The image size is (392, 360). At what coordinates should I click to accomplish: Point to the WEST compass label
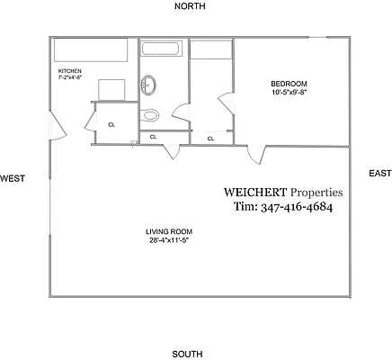(x=12, y=178)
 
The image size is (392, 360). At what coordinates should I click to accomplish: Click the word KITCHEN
(x=70, y=70)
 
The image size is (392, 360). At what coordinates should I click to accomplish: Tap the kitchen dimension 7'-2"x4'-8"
(x=70, y=77)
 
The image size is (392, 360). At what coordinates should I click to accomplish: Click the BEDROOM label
(x=289, y=84)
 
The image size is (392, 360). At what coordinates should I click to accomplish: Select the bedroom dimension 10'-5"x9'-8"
(x=289, y=92)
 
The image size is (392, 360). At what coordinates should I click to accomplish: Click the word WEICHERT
(x=254, y=192)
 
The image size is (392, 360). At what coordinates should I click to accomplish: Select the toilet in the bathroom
(x=150, y=114)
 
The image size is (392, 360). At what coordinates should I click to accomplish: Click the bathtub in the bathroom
(x=163, y=49)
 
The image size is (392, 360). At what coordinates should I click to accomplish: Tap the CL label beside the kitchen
(x=111, y=125)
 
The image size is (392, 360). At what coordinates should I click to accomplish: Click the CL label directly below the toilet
(x=153, y=137)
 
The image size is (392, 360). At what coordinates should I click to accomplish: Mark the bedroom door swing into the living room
(x=259, y=155)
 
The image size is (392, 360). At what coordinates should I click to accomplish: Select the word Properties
(x=316, y=192)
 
